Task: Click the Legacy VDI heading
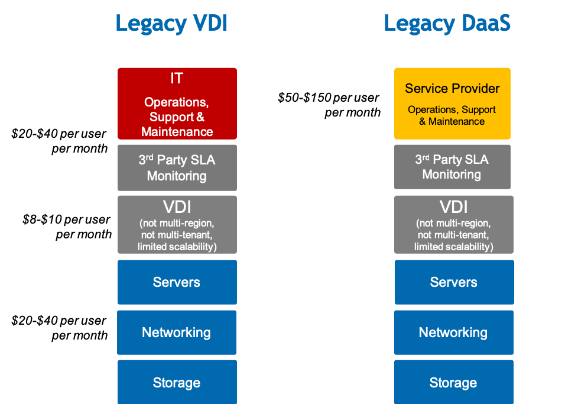pyautogui.click(x=171, y=24)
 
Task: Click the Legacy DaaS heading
pyautogui.click(x=447, y=24)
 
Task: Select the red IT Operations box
pyautogui.click(x=177, y=104)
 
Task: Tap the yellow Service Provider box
pyautogui.click(x=452, y=104)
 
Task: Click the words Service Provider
pyautogui.click(x=452, y=89)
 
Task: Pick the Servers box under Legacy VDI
pyautogui.click(x=177, y=282)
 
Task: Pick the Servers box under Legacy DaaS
pyautogui.click(x=453, y=282)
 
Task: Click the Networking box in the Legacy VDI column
pyautogui.click(x=176, y=332)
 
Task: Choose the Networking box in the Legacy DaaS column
pyautogui.click(x=453, y=332)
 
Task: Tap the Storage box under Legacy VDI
pyautogui.click(x=176, y=383)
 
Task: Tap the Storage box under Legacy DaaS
pyautogui.click(x=453, y=383)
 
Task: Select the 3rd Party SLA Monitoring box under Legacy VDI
pyautogui.click(x=177, y=168)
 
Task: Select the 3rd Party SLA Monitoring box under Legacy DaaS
pyautogui.click(x=452, y=167)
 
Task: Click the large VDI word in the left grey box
pyautogui.click(x=177, y=207)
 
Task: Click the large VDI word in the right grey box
pyautogui.click(x=453, y=207)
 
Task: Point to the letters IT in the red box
pyautogui.click(x=177, y=79)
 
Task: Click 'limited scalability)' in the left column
pyautogui.click(x=177, y=246)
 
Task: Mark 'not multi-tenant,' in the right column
pyautogui.click(x=453, y=235)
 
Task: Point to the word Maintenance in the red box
pyautogui.click(x=177, y=131)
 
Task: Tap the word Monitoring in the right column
pyautogui.click(x=452, y=174)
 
